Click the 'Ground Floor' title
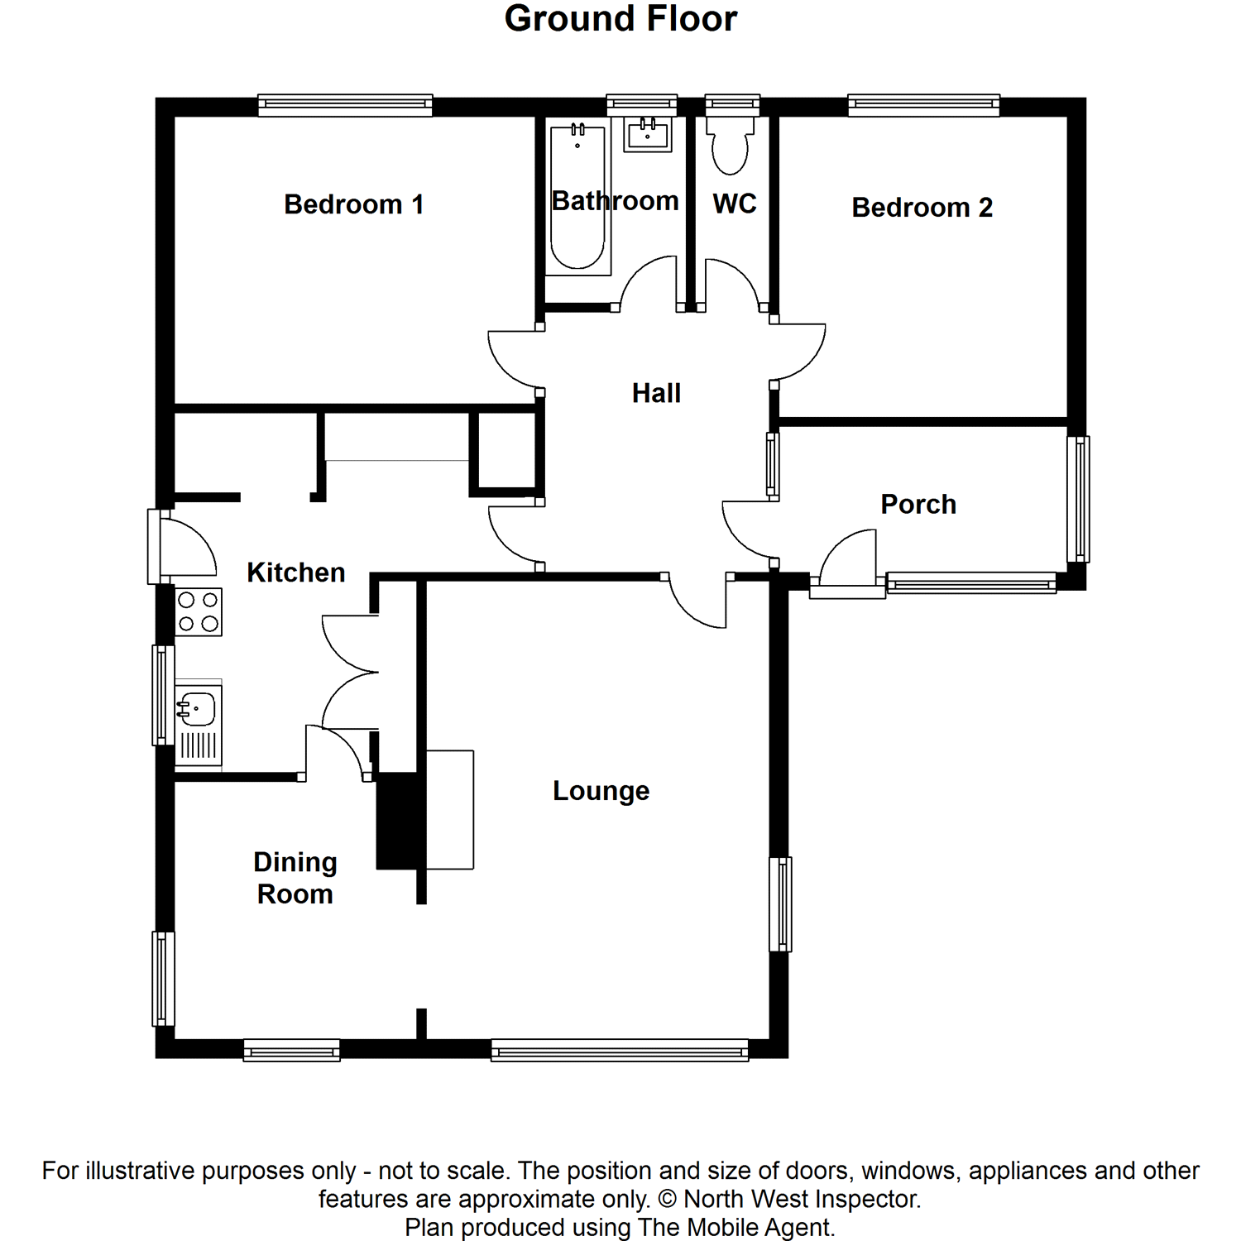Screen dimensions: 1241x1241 [620, 19]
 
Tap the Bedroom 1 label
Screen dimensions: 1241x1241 [353, 204]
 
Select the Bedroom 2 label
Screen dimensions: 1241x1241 [922, 207]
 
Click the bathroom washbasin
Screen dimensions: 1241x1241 [648, 134]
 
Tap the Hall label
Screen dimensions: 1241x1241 [656, 393]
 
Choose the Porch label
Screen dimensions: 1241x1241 [918, 504]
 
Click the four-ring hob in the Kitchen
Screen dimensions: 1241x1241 [199, 611]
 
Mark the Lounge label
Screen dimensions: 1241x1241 [601, 791]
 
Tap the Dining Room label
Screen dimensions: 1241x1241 [295, 878]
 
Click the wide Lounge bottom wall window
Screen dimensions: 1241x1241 [620, 1051]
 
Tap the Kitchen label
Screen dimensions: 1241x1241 [295, 573]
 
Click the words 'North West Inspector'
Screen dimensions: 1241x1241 [800, 1199]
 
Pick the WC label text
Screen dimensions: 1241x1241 [735, 204]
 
